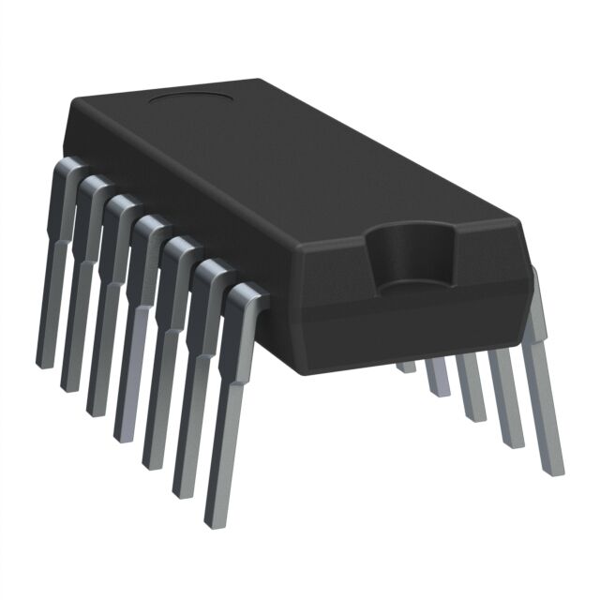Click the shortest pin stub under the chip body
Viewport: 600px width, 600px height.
[x=405, y=367]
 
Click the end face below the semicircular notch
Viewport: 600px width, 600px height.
[x=412, y=323]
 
